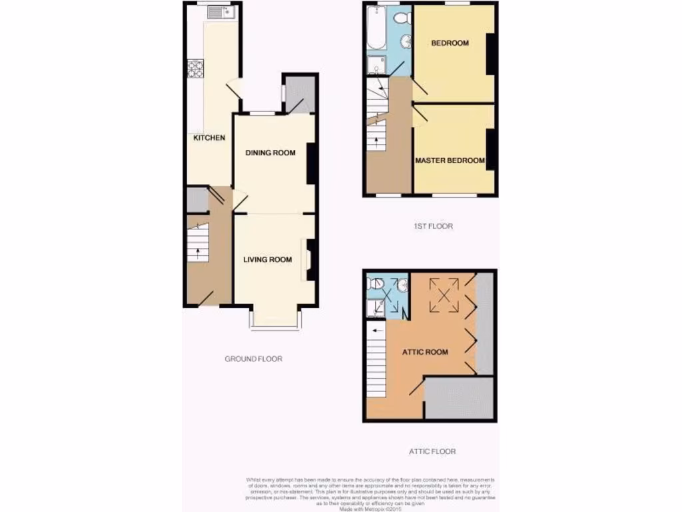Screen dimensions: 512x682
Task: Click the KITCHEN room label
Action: point(209,139)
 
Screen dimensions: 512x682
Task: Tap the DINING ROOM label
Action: point(270,153)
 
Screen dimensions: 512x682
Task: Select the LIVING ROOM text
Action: point(267,260)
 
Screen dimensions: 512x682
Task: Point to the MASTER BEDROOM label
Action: point(450,161)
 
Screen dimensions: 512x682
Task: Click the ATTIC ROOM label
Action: point(425,352)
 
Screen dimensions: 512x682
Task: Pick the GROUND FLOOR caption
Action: point(253,359)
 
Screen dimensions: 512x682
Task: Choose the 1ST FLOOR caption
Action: point(433,226)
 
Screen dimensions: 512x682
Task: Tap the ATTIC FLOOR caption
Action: point(432,451)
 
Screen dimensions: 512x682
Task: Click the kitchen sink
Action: point(218,11)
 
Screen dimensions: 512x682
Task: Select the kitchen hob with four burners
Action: point(195,69)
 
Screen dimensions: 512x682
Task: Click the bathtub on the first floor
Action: point(376,28)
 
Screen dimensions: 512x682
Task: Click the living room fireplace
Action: point(308,259)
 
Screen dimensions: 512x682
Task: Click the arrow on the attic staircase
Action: point(378,329)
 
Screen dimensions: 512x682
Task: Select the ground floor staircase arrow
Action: point(197,252)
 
